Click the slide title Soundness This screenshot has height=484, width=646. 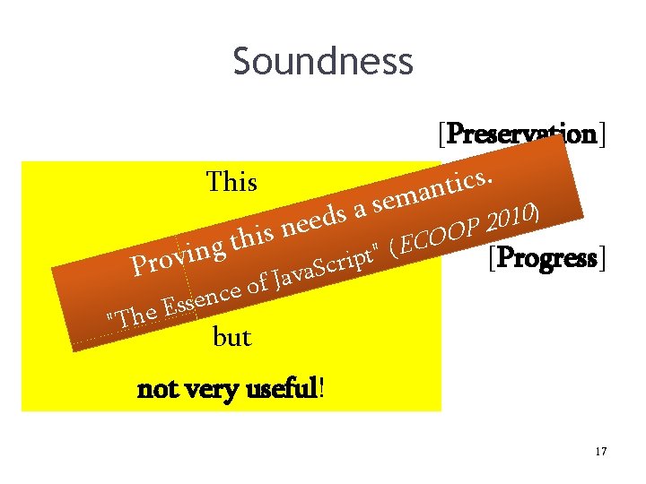click(323, 62)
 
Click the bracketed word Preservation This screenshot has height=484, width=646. click(521, 134)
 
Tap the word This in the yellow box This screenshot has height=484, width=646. click(231, 182)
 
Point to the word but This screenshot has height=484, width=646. click(231, 338)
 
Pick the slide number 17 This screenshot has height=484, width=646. click(600, 452)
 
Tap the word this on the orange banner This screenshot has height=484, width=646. click(251, 237)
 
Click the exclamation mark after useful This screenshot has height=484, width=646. click(322, 390)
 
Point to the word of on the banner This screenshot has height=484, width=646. click(258, 285)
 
